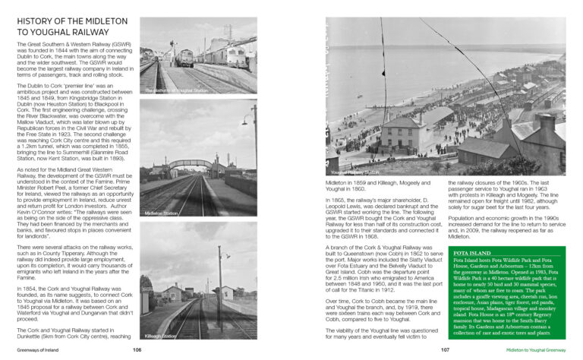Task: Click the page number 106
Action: (137, 350)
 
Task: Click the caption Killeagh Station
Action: (160, 336)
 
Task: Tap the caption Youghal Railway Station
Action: (355, 172)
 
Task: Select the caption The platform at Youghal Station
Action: (176, 90)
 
